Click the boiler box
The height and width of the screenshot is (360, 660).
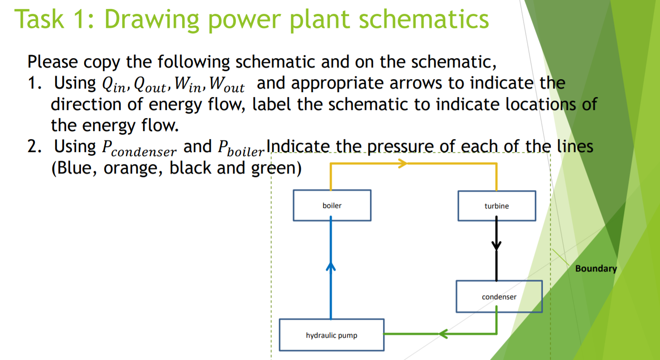pos(332,205)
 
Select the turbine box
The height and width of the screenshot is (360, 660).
pos(496,206)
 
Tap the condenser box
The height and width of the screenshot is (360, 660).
pos(499,296)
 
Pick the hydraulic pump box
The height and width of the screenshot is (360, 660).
pos(331,335)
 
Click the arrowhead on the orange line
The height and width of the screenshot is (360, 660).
pos(403,163)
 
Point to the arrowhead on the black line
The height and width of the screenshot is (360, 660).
pos(496,246)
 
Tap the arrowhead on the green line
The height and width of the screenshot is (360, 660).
pos(443,334)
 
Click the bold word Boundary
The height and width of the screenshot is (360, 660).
pos(596,269)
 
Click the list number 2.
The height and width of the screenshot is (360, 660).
pos(32,147)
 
